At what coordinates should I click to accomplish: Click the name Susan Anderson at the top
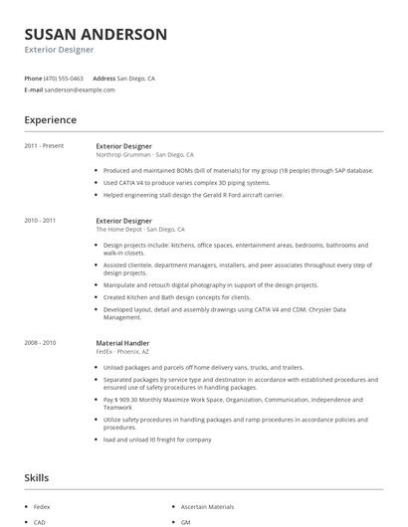(96, 35)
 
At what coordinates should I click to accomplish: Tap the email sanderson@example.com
(81, 89)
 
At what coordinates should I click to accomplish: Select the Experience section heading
(51, 120)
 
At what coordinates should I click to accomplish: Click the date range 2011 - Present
(44, 146)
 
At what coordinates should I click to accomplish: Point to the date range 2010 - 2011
(41, 220)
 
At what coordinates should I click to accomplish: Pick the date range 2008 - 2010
(41, 343)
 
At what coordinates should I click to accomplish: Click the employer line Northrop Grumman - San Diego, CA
(144, 155)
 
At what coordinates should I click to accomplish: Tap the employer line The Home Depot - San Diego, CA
(140, 229)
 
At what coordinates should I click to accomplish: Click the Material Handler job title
(122, 343)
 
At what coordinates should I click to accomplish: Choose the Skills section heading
(36, 478)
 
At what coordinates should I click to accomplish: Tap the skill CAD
(40, 521)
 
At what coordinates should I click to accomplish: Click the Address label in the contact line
(103, 78)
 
